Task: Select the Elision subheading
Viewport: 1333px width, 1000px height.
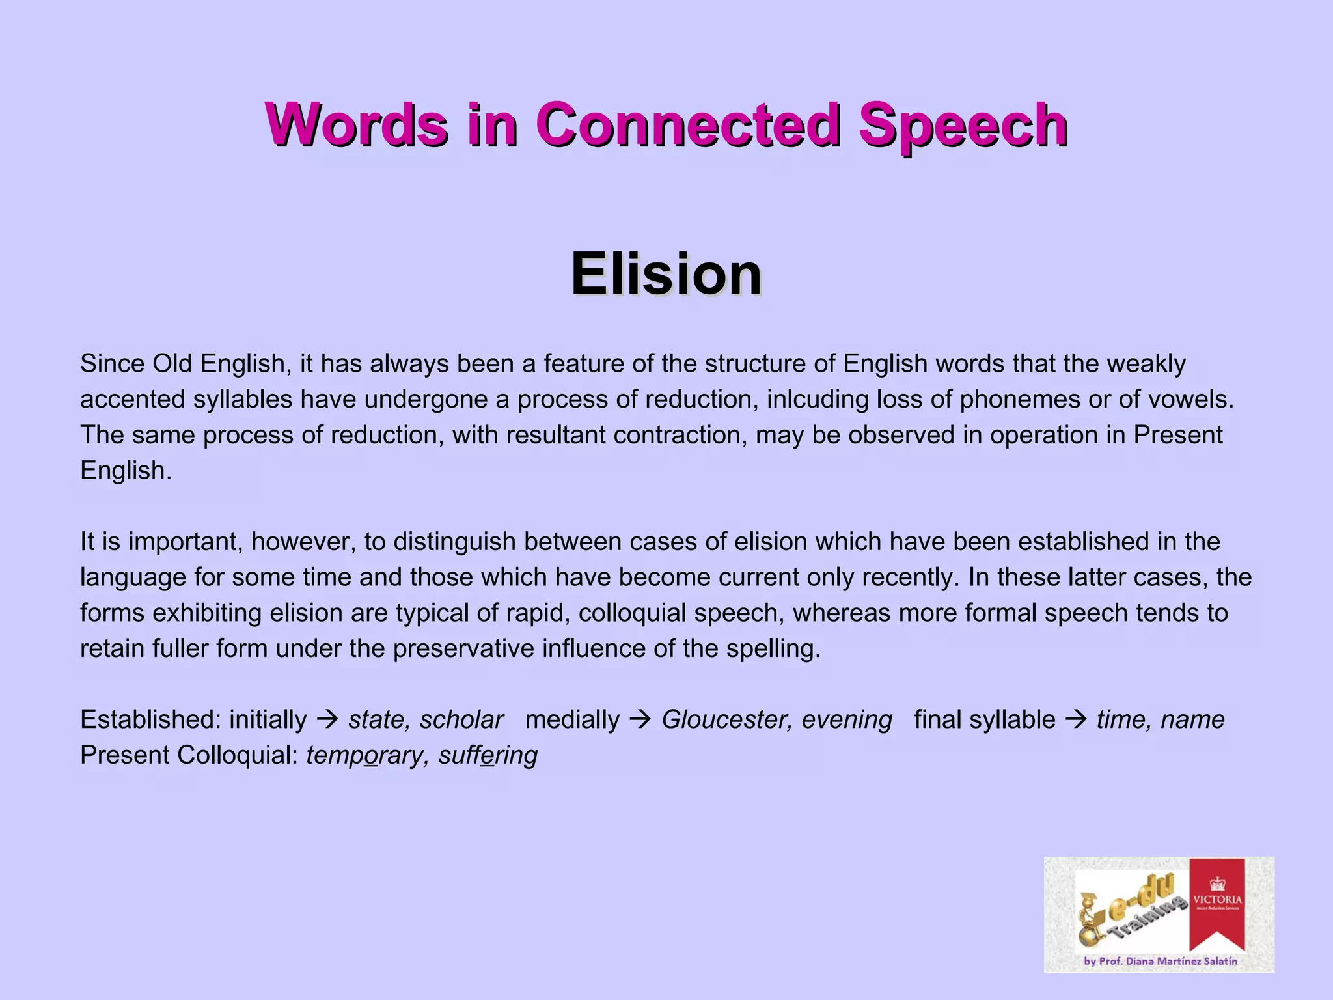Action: [x=666, y=273]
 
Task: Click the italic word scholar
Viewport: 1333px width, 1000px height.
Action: [x=461, y=720]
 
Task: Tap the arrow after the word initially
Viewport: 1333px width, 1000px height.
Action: [x=327, y=719]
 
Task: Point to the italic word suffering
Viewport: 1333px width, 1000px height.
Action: [x=488, y=756]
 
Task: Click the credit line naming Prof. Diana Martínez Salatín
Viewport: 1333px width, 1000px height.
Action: [x=1160, y=961]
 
